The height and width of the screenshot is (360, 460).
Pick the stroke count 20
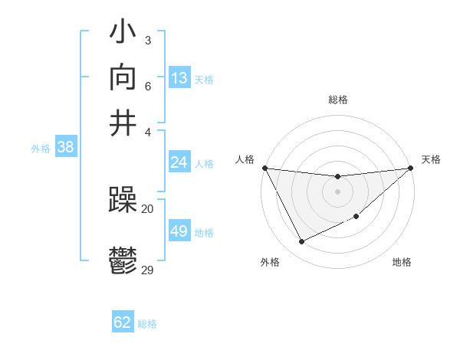click(x=148, y=208)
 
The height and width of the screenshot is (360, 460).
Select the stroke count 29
click(x=148, y=270)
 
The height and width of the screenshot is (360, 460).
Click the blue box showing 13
click(x=179, y=78)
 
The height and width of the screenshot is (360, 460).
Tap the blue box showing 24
click(x=179, y=162)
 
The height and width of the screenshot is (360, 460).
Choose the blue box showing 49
click(x=179, y=231)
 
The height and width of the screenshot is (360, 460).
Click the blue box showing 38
click(x=65, y=148)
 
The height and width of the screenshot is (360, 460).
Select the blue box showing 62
click(x=123, y=322)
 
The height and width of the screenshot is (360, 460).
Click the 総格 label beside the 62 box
click(x=148, y=324)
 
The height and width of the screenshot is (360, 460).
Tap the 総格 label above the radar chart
click(x=337, y=100)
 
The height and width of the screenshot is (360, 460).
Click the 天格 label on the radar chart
click(x=431, y=159)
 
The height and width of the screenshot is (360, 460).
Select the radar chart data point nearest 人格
click(x=264, y=168)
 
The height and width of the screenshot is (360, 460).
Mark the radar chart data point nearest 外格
click(x=301, y=242)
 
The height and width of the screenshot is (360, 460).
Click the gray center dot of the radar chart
click(x=337, y=191)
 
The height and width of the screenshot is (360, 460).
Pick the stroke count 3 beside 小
click(x=147, y=39)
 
